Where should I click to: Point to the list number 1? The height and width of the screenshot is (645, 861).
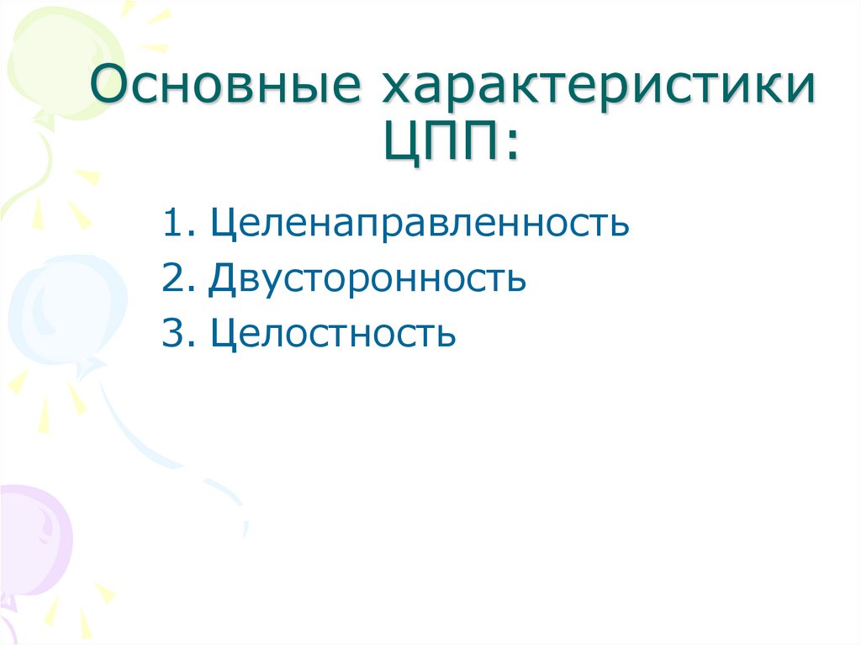point(172,225)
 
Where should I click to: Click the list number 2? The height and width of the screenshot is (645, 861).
point(173,279)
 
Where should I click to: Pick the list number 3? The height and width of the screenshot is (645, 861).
point(173,334)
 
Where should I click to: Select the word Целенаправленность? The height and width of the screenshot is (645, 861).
point(420,225)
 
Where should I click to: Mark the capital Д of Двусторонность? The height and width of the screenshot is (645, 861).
point(224,279)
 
